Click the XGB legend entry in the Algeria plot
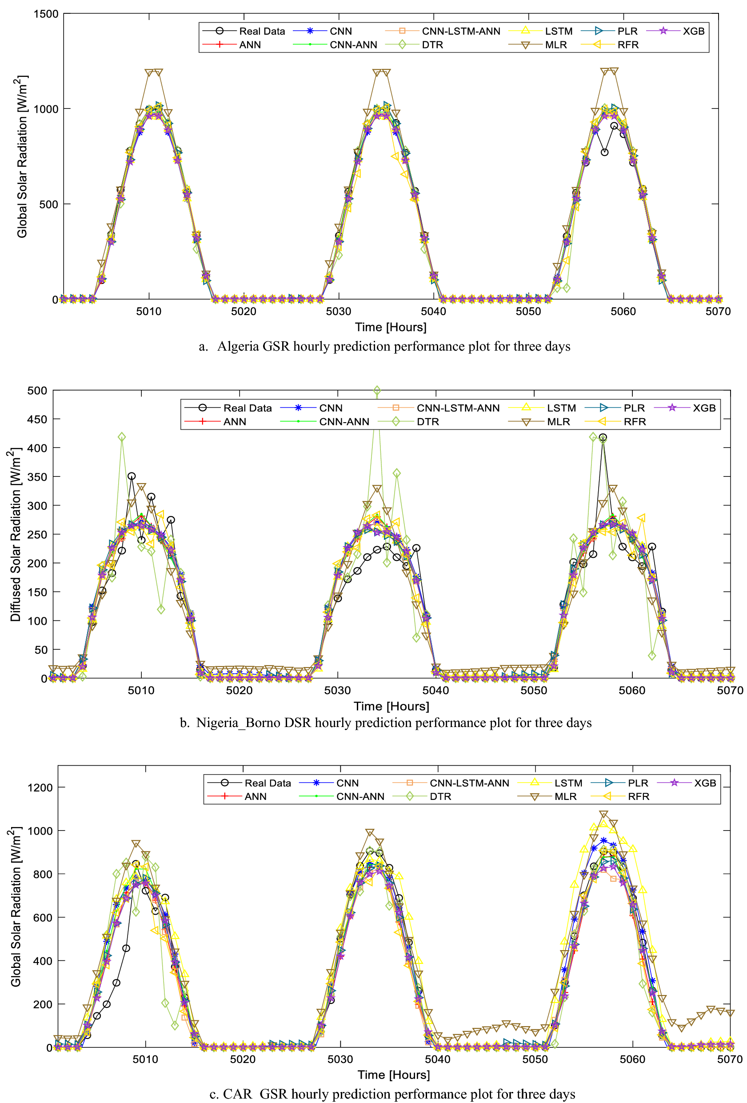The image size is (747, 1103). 693,31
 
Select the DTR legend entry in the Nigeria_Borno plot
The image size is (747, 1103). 427,421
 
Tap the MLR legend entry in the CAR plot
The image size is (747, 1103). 565,796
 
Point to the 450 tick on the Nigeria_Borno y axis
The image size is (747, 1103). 37,419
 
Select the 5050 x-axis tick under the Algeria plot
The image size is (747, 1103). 528,312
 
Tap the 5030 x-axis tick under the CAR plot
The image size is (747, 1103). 340,1059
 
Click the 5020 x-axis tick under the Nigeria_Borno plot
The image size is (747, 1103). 239,690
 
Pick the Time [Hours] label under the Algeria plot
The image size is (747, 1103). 391,327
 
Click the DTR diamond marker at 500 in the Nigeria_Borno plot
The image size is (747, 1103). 377,391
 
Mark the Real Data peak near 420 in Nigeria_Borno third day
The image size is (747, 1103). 603,437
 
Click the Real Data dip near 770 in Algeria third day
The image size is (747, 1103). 604,152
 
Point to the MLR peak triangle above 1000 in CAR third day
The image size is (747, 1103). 603,815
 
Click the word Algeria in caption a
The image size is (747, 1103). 238,347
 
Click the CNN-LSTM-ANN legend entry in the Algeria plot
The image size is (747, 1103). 460,31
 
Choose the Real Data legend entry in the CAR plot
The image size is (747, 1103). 267,783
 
